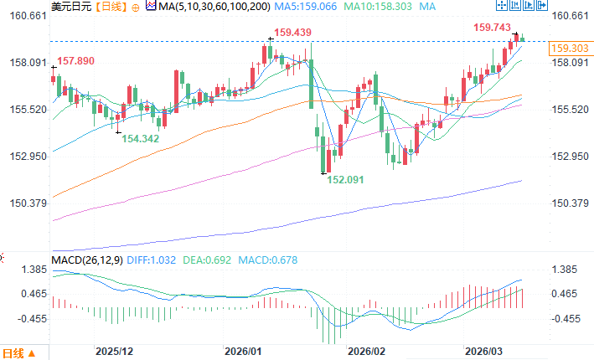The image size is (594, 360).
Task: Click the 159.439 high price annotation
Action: point(292,33)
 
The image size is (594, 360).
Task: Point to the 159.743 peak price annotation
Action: point(493,28)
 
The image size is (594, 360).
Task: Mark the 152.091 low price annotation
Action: point(344,179)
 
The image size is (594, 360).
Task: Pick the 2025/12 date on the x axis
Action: point(115,352)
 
